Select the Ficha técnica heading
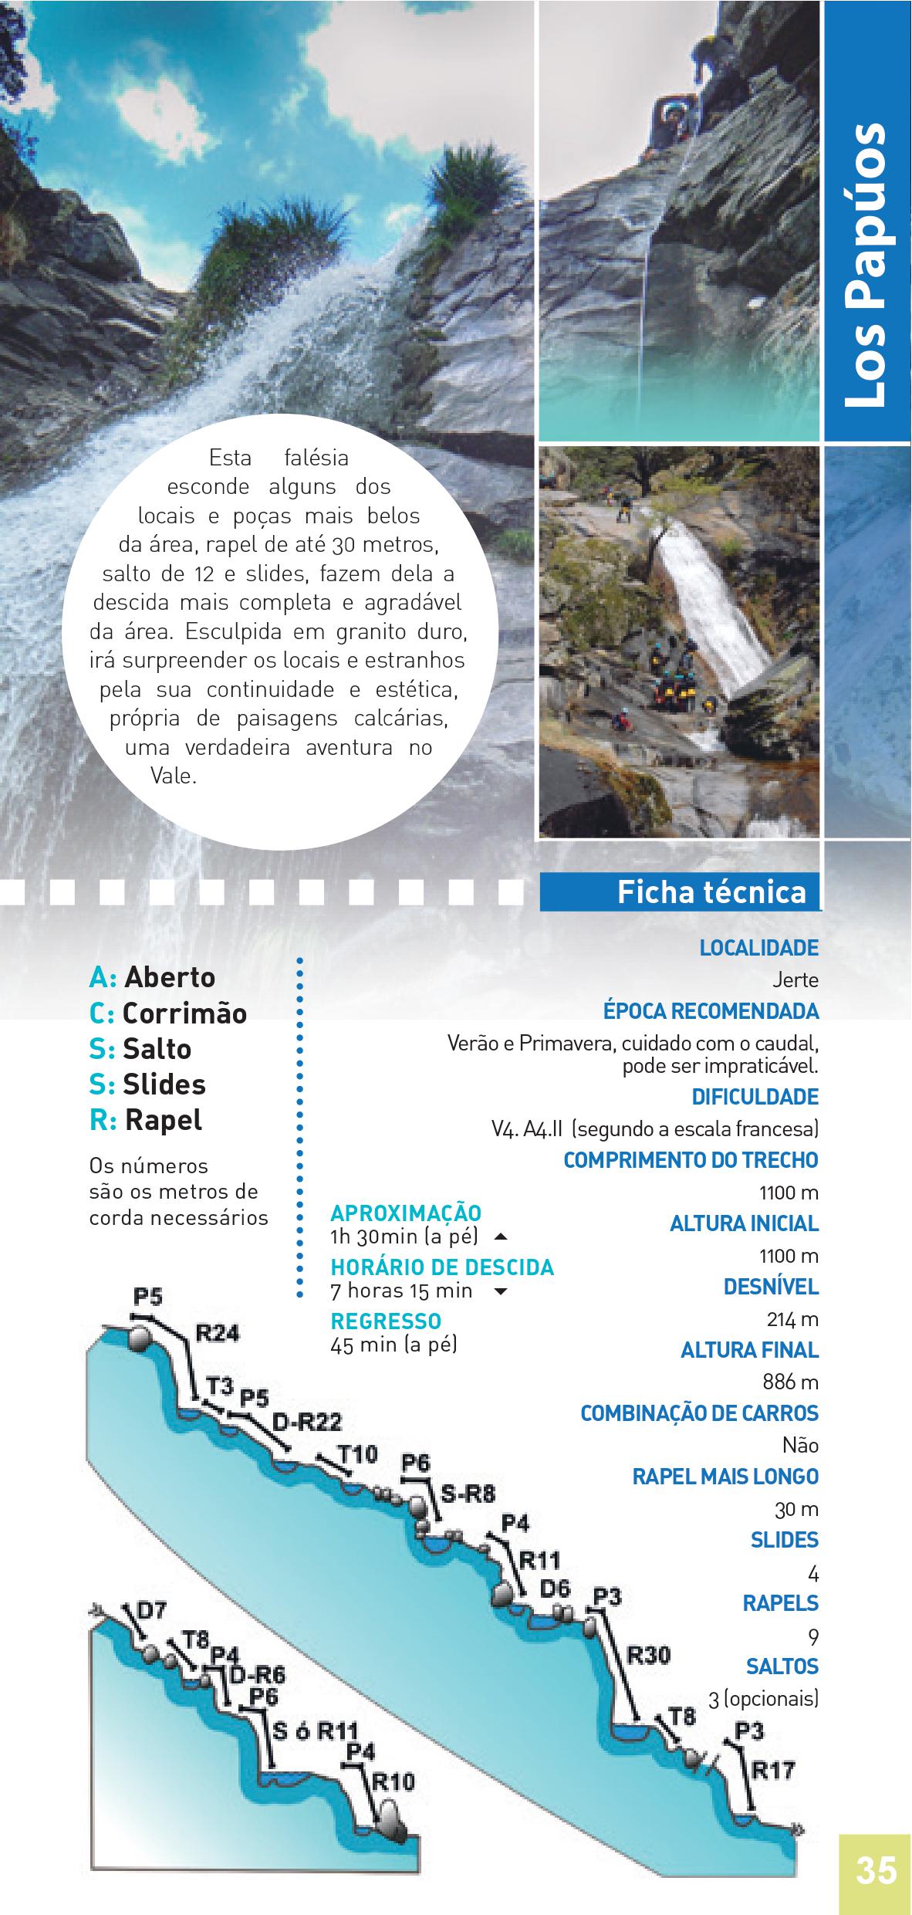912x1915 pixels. pos(711,892)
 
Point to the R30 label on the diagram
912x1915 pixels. pos(648,1655)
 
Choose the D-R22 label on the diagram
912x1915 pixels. pos(307,1423)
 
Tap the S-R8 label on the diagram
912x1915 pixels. pos(468,1494)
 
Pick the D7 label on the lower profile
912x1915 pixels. pos(151,1611)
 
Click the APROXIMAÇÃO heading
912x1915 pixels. pos(406,1213)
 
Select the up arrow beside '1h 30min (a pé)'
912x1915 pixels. pos(500,1237)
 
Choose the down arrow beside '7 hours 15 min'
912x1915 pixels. pos(500,1291)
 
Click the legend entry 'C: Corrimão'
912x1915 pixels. pos(168,1013)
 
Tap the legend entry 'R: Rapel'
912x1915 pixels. pos(146,1120)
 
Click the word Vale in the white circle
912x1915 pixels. pos(174,776)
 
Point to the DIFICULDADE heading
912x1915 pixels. pos(755,1097)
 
